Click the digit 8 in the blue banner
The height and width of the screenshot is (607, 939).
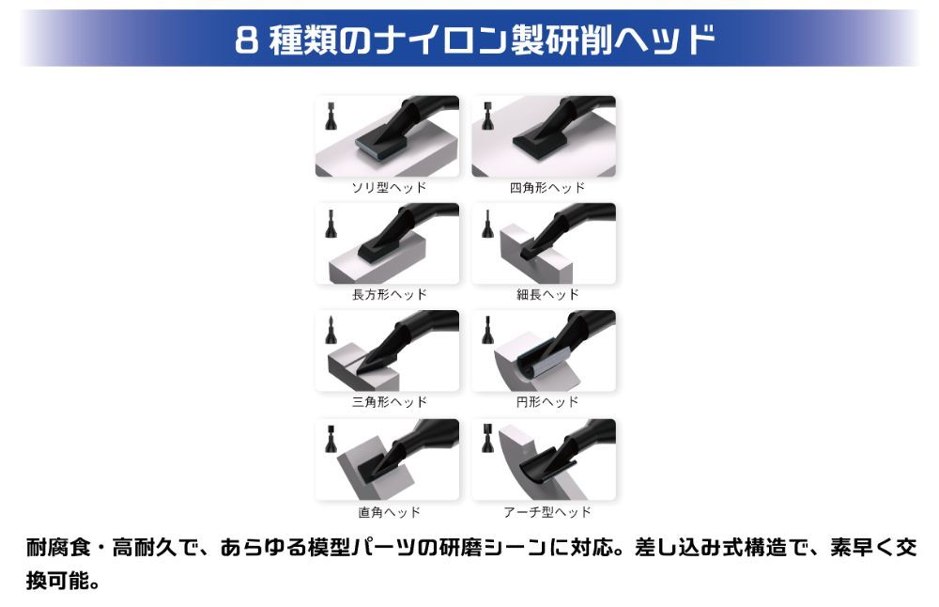click(246, 39)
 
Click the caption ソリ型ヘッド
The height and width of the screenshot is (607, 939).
click(390, 188)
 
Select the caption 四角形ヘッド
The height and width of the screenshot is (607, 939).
click(546, 188)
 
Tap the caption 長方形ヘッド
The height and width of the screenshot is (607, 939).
click(390, 295)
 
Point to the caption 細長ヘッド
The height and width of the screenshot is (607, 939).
click(547, 295)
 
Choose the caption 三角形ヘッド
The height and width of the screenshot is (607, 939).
click(390, 402)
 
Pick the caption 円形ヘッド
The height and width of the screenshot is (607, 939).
click(547, 402)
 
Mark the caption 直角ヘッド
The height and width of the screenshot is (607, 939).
click(390, 512)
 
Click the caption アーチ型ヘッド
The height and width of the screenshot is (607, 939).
click(546, 512)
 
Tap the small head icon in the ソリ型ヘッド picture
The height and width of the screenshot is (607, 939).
click(331, 117)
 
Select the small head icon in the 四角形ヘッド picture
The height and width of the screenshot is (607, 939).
click(488, 117)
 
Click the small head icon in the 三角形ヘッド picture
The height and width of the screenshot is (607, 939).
click(331, 330)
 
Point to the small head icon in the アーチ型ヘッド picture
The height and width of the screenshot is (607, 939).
click(488, 439)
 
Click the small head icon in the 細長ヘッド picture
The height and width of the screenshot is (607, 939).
click(487, 225)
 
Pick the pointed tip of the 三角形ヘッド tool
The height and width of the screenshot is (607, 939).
click(358, 375)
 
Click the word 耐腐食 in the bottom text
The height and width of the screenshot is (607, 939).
click(58, 548)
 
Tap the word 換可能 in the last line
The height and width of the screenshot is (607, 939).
click(57, 580)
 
